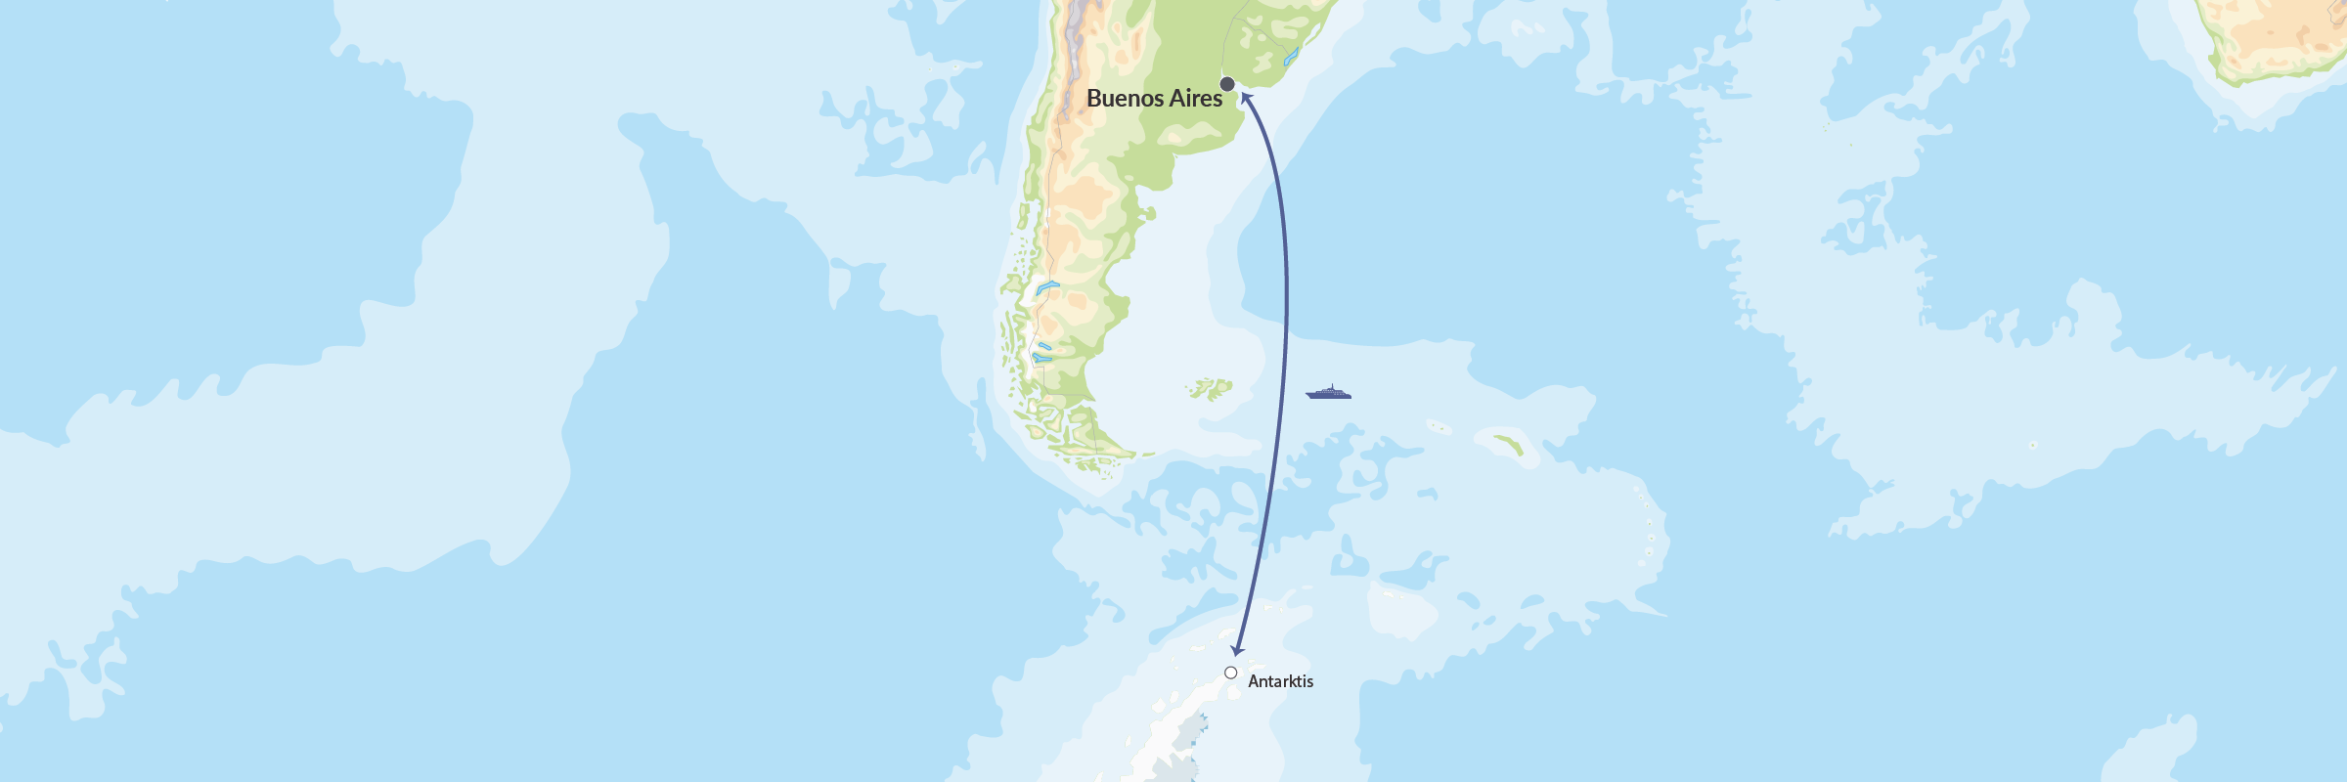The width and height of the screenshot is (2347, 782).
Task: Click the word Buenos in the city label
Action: pos(1125,99)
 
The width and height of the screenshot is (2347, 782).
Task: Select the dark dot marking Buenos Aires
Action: pos(1227,84)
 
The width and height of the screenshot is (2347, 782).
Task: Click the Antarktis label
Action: pos(1280,681)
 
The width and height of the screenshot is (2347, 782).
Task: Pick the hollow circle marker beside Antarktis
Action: pos(1230,673)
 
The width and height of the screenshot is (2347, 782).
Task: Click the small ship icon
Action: pos(1328,393)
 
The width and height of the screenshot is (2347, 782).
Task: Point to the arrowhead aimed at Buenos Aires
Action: pos(1245,97)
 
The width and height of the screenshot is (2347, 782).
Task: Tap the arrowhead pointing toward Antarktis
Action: pos(1237,650)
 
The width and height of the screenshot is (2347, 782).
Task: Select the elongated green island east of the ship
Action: pos(1509,445)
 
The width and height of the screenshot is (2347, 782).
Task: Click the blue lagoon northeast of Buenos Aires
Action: pos(1291,57)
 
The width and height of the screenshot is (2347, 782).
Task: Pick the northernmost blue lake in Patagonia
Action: pos(1047,287)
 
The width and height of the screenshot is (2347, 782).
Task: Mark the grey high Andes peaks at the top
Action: pos(1082,24)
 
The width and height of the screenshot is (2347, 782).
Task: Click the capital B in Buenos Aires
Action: pos(1094,99)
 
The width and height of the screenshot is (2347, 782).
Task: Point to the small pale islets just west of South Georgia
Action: pos(1438,426)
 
